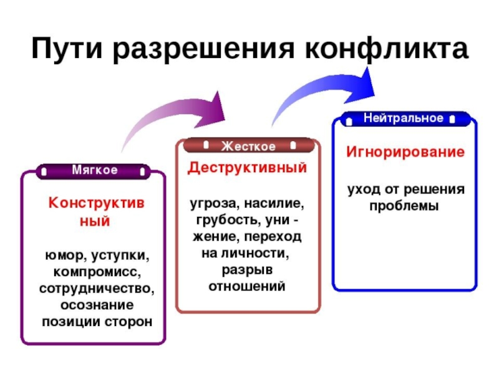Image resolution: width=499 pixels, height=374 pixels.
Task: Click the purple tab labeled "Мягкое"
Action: [94, 170]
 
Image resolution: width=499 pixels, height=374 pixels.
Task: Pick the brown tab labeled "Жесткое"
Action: [248, 146]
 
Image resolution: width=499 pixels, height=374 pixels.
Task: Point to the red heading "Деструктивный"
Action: [248, 168]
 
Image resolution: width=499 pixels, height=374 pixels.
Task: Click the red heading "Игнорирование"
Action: [405, 152]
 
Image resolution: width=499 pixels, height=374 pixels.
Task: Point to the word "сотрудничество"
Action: [97, 289]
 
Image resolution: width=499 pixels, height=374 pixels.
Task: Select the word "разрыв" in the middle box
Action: [248, 271]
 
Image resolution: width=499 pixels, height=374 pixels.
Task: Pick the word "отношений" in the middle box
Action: [248, 287]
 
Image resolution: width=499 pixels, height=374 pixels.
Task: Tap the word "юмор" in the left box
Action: [62, 256]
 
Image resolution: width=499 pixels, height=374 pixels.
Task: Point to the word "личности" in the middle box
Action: [259, 254]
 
